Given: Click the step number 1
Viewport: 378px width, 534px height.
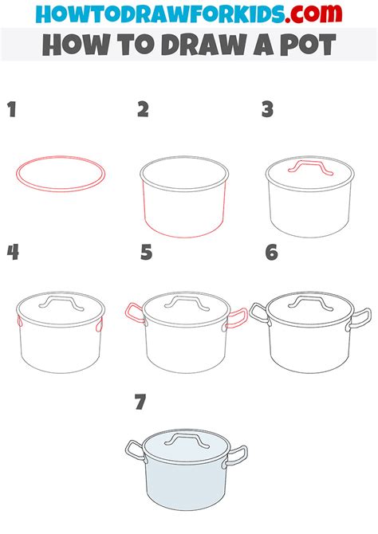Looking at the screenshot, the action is (12, 109).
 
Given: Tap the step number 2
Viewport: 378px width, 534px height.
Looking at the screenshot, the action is (144, 109).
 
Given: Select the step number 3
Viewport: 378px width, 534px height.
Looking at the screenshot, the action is (268, 109).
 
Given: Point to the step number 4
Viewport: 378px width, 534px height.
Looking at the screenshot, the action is (13, 253).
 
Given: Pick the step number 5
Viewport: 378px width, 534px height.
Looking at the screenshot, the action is (147, 253).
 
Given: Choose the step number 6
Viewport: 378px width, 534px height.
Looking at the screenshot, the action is (272, 253).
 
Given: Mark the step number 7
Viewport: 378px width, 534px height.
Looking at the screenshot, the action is (140, 402).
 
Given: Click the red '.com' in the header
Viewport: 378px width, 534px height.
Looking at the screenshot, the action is (313, 14).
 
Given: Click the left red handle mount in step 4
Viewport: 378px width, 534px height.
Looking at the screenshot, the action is (19, 321).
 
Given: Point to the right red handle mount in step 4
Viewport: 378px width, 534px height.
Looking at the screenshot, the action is (99, 325).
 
